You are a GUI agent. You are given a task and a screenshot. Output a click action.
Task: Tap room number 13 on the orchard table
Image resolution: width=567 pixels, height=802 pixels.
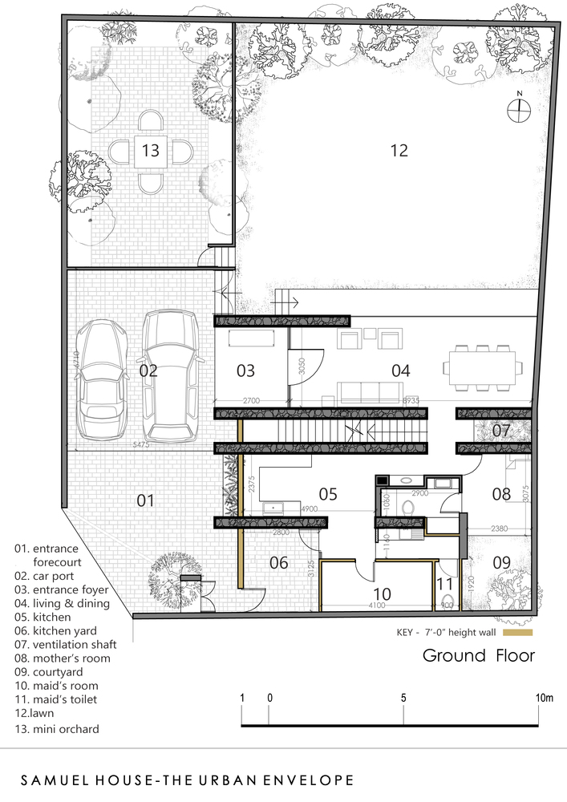tap(151, 150)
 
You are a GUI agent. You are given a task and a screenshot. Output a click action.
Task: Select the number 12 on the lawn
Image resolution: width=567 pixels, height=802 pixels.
tap(399, 150)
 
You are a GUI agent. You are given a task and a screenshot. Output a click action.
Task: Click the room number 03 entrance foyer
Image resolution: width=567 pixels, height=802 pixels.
tap(245, 371)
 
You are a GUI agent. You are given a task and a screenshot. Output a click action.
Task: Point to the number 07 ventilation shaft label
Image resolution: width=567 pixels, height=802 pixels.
tap(501, 431)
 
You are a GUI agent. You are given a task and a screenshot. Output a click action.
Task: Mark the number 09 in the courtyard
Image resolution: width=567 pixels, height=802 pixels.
tap(501, 562)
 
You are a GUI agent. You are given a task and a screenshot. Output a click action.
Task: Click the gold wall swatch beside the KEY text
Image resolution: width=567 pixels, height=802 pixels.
tap(518, 632)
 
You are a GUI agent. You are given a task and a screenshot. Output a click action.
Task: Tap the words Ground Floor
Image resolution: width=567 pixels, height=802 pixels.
tap(478, 656)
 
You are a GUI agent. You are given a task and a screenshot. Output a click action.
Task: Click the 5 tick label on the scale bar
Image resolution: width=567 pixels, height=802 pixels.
tap(403, 699)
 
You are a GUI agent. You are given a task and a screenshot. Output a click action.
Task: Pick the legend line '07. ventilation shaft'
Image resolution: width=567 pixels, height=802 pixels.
tap(66, 645)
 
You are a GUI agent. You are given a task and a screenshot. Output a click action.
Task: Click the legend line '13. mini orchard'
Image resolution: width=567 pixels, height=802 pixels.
tap(56, 729)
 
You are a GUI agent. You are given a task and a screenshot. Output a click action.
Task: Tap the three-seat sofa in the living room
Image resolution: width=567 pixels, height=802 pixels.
tap(370, 392)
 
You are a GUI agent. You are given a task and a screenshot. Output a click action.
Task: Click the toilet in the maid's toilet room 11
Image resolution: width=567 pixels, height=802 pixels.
tap(446, 602)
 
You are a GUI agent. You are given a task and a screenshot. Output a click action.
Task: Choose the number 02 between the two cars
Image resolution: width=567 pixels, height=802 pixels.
tap(148, 371)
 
